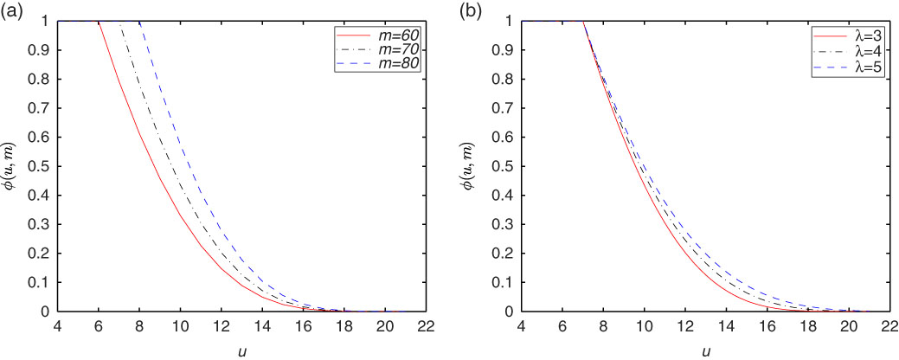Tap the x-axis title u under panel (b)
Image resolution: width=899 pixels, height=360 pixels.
click(706, 350)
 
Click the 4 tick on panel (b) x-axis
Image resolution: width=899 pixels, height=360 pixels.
click(522, 326)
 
